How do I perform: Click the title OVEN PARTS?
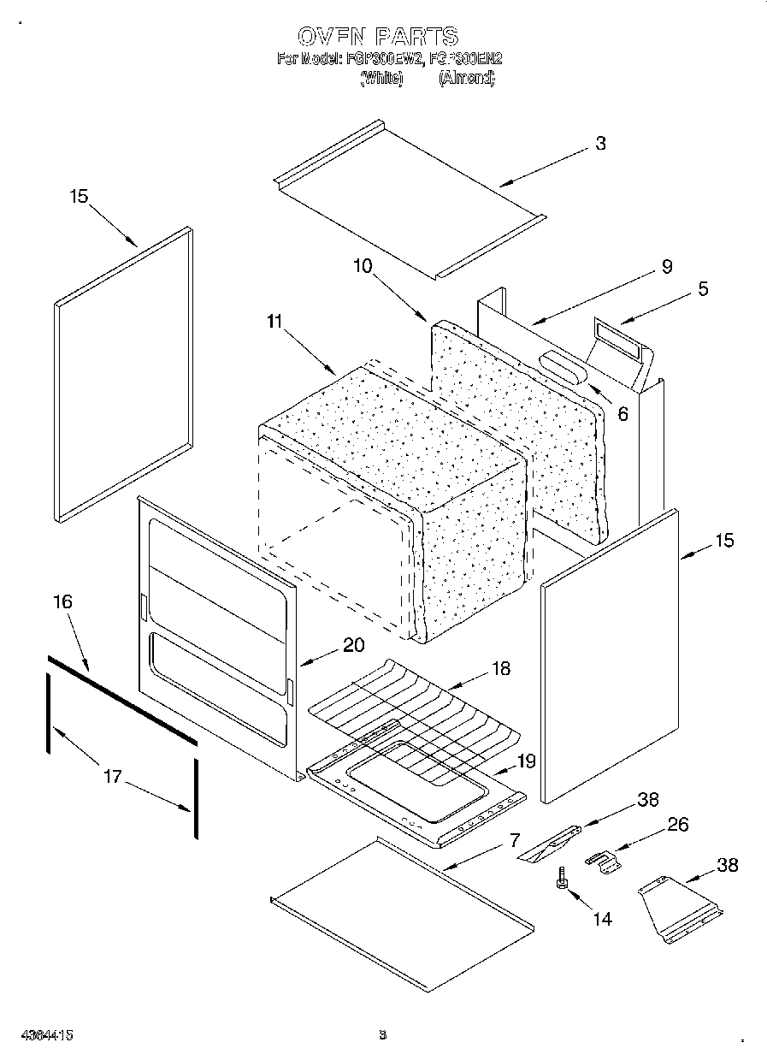(377, 36)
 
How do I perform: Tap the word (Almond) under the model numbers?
(466, 78)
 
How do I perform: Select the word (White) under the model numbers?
(381, 78)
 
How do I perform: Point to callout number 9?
(666, 266)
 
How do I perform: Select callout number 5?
(702, 289)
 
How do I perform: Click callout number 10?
(363, 266)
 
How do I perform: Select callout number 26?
(676, 826)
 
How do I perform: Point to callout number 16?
(62, 601)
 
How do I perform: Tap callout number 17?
(112, 778)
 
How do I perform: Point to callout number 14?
(602, 919)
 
